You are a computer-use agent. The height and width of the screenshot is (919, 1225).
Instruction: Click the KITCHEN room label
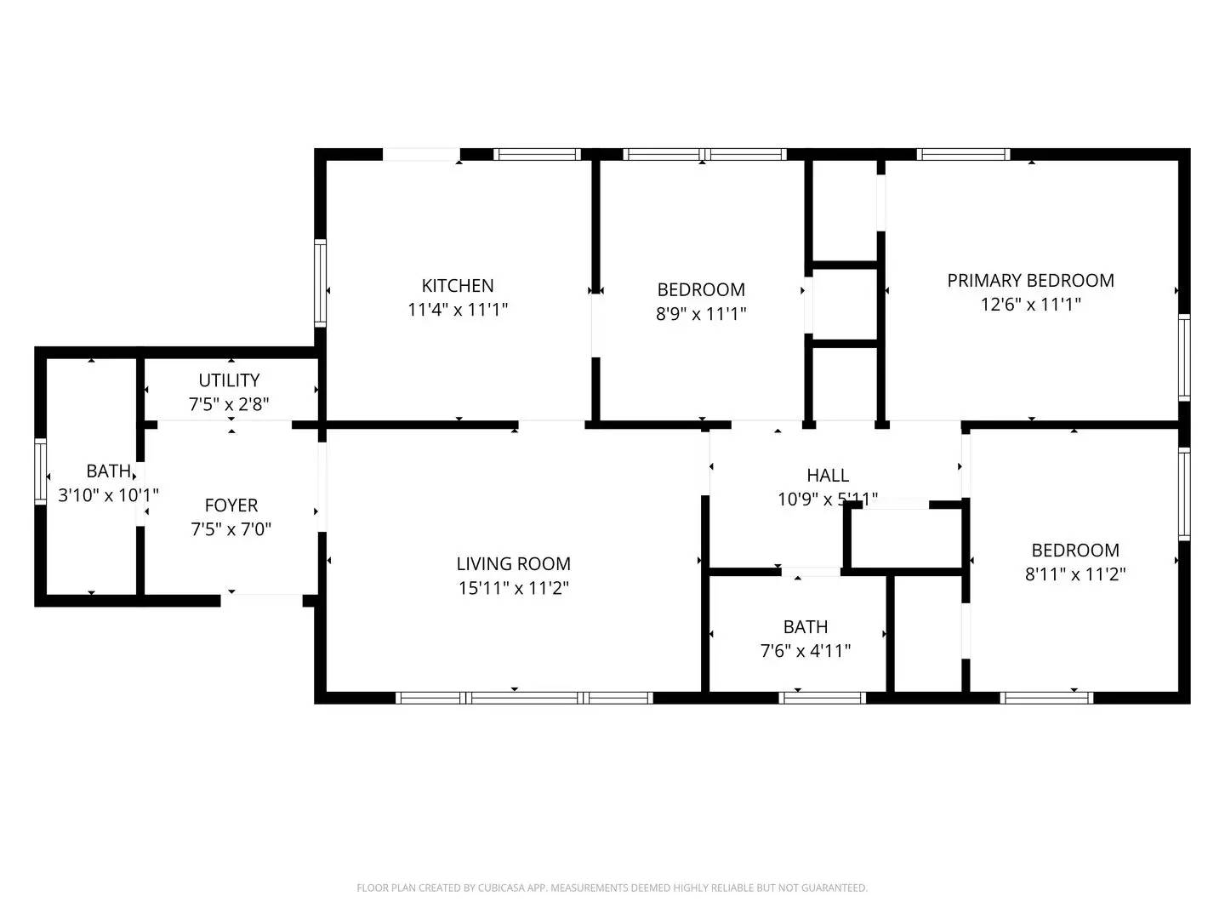click(458, 286)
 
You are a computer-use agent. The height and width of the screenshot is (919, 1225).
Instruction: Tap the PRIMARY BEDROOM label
click(1030, 281)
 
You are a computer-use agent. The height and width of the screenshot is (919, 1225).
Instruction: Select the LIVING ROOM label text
click(513, 563)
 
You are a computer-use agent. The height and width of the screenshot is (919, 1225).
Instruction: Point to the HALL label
click(827, 476)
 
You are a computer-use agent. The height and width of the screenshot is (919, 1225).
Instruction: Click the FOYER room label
click(231, 505)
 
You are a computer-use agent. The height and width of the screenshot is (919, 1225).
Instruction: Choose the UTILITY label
click(229, 380)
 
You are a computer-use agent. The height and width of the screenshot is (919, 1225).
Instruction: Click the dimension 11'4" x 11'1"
click(458, 310)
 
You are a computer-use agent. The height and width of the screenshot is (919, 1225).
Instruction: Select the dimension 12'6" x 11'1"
click(1030, 305)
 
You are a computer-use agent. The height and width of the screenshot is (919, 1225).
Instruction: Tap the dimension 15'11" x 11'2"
click(513, 588)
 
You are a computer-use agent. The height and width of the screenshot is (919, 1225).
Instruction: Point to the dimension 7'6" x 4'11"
click(805, 651)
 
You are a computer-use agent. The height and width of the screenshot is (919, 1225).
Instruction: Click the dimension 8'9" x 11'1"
click(700, 314)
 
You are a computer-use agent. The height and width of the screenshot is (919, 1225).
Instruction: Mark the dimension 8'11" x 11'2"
click(1075, 574)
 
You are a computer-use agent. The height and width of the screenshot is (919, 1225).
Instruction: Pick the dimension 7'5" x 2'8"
click(229, 404)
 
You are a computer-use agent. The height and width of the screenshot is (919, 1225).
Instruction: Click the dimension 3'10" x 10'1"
click(108, 494)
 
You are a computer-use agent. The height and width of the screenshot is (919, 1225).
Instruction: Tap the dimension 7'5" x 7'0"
click(231, 529)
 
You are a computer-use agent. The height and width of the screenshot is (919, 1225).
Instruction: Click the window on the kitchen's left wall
click(320, 283)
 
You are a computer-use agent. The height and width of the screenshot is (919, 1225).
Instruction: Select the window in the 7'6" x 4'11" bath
click(822, 698)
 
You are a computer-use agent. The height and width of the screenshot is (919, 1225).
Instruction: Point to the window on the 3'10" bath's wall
click(40, 471)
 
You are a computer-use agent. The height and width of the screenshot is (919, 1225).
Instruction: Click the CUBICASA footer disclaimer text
click(612, 888)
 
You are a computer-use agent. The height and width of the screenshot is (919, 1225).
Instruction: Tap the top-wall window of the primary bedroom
click(963, 155)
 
